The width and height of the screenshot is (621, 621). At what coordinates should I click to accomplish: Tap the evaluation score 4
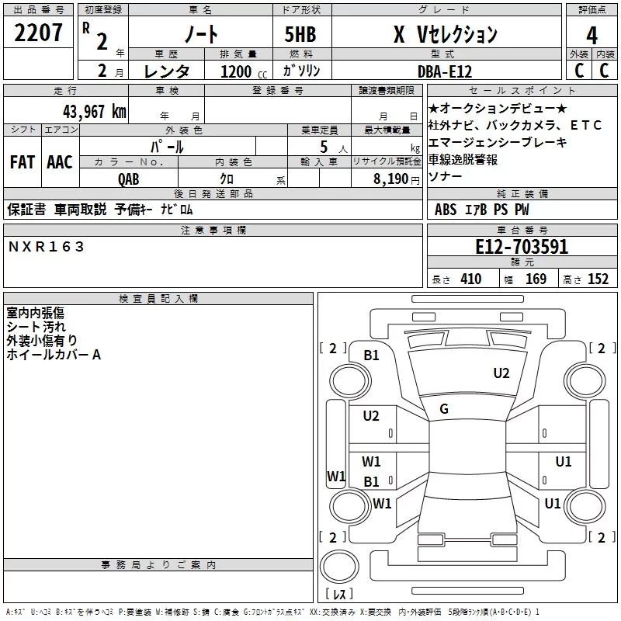point(592,35)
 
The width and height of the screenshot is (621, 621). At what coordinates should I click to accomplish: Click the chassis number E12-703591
point(522,248)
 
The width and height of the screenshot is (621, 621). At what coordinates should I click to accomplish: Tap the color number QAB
point(129,179)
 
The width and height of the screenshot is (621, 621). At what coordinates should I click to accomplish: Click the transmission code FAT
point(22,162)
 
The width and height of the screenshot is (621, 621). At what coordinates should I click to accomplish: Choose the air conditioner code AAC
point(60,162)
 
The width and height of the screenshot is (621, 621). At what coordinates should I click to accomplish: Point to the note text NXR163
point(47,247)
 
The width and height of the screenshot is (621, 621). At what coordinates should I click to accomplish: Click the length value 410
point(470,279)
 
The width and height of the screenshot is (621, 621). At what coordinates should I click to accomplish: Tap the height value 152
point(598,279)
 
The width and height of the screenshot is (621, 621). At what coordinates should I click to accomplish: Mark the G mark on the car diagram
point(443,408)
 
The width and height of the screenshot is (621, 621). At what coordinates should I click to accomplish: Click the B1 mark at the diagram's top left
point(372,356)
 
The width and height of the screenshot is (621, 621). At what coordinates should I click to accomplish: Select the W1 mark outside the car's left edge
point(335,476)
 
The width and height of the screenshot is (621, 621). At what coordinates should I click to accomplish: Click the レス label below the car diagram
point(339,595)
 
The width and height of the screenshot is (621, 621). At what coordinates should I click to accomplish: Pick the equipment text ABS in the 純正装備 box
point(446,210)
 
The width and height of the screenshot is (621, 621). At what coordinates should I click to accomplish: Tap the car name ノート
point(199,35)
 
